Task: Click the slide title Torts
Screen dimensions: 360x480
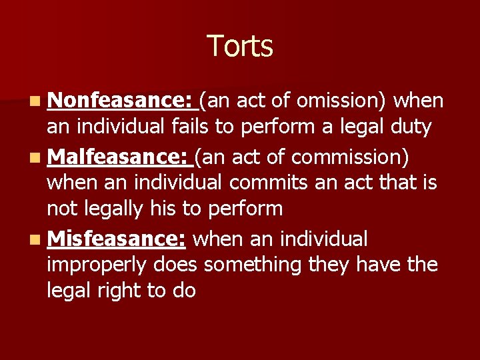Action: (240, 47)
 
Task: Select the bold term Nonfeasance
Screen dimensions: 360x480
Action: (120, 101)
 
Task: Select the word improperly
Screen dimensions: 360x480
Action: (97, 265)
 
